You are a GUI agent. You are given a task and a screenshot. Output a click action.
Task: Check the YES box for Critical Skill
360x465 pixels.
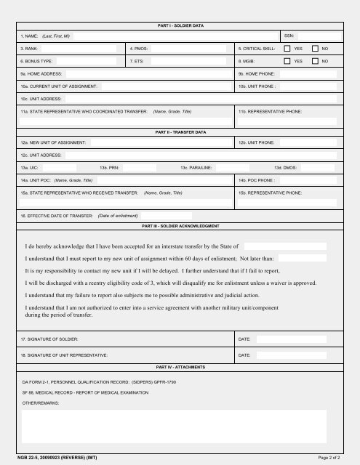(x=287, y=49)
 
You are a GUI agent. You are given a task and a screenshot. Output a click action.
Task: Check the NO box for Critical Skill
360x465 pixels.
(x=315, y=49)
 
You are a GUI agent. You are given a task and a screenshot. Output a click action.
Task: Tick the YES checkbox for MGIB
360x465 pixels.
(x=287, y=62)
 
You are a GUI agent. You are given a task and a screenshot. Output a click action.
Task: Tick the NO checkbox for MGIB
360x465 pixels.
(x=315, y=62)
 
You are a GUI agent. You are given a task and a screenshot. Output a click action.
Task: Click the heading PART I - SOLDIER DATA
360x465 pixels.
(x=180, y=25)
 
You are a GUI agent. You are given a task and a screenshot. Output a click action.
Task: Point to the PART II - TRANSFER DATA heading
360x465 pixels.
(x=180, y=132)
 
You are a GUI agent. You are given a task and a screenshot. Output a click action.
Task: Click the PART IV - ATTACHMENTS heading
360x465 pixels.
(x=180, y=368)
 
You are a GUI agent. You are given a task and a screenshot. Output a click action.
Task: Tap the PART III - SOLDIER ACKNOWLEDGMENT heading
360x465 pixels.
(x=180, y=226)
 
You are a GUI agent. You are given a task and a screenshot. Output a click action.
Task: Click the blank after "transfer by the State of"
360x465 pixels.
(x=285, y=246)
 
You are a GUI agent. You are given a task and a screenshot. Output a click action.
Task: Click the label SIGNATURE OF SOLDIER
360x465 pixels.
(x=49, y=339)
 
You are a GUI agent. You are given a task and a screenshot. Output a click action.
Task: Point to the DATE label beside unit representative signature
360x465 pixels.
(x=244, y=355)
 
